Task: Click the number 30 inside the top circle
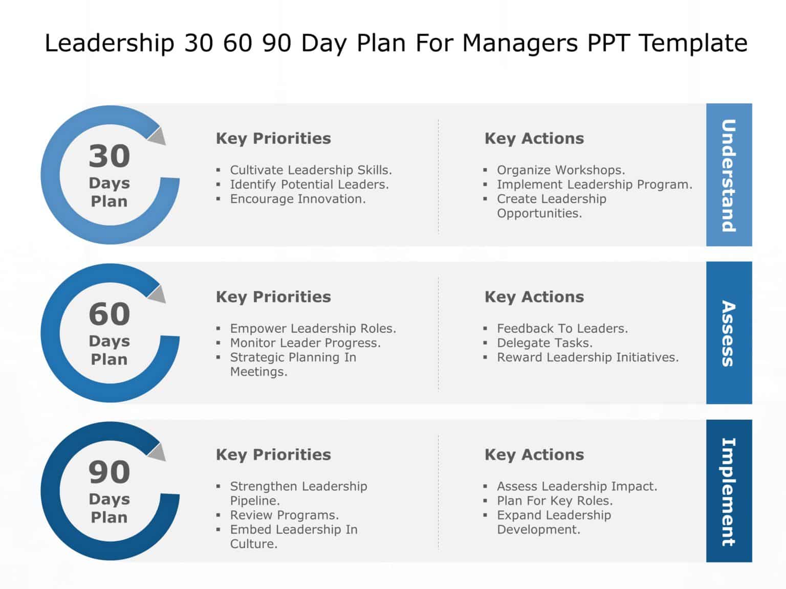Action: tap(109, 156)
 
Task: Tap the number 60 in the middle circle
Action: tap(109, 314)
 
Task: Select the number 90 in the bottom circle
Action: tap(109, 472)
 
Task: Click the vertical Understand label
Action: tap(729, 175)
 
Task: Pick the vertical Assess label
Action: tap(729, 333)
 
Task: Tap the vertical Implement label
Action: tap(729, 492)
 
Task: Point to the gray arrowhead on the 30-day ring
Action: tap(158, 135)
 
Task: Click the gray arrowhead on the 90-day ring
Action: tap(158, 451)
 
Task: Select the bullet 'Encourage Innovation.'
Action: tap(297, 199)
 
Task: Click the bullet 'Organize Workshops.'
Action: tap(560, 170)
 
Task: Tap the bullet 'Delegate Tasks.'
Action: tap(544, 343)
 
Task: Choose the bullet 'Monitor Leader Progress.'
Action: tap(305, 343)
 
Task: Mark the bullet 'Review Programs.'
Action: tap(284, 515)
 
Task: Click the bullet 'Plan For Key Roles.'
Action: tap(554, 501)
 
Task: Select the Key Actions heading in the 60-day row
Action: tap(534, 297)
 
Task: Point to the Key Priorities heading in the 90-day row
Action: tap(273, 455)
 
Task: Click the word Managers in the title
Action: tap(520, 43)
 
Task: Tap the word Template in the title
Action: tap(693, 43)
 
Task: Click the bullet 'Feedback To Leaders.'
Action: tap(562, 328)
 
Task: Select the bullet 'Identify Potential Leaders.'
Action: tap(309, 184)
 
